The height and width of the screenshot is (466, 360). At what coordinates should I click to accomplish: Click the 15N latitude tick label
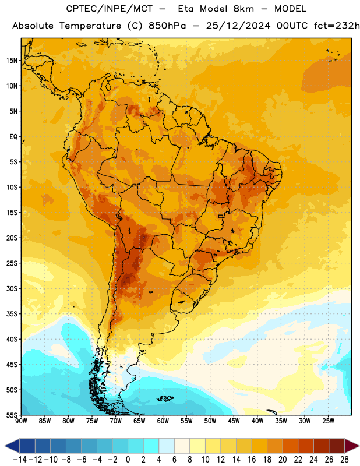pos(12,61)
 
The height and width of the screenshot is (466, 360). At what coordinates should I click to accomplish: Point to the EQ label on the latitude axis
pos(13,137)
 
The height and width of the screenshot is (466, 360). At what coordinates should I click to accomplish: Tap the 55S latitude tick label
pos(12,415)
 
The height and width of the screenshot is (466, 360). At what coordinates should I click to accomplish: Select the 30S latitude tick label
pos(12,288)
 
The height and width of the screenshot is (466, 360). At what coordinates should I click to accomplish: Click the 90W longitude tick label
pos(21,421)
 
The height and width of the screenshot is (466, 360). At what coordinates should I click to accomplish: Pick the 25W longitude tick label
pos(328,421)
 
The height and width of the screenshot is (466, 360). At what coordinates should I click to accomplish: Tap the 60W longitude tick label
pos(163,421)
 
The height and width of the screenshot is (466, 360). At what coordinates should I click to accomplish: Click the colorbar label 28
pos(344,460)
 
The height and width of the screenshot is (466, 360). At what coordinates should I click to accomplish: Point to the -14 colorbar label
pos(20,460)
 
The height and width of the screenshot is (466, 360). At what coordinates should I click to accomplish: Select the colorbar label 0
pos(128,460)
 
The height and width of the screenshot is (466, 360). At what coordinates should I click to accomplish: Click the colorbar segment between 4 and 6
pos(167,446)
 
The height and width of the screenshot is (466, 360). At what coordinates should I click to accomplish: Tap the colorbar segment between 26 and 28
pos(337,446)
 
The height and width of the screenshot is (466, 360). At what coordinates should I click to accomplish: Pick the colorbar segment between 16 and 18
pos(260,446)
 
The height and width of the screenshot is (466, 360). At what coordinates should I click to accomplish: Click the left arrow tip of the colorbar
pos(5,446)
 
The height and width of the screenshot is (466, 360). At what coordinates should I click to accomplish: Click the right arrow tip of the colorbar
pos(359,446)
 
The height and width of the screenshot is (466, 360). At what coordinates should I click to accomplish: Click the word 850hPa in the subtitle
pos(167,26)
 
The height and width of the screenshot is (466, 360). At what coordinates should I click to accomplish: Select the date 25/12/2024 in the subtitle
pos(238,26)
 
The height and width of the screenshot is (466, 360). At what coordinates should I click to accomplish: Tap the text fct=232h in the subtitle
pos(337,26)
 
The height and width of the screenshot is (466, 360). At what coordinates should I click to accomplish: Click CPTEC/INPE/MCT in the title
pos(110,9)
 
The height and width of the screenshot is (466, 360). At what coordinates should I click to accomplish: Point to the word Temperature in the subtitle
pos(90,26)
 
